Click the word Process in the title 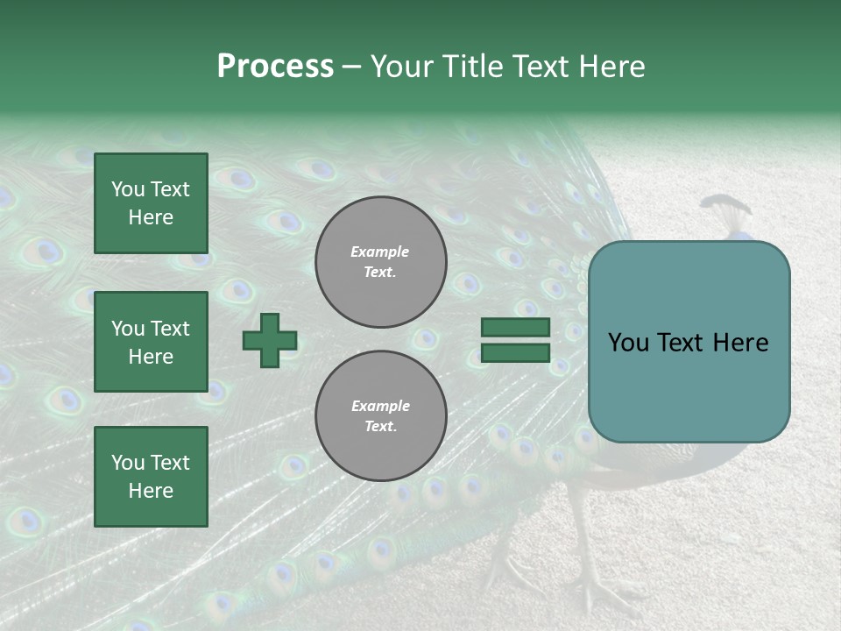(x=275, y=67)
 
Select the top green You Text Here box (x=151, y=203)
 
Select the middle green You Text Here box (x=151, y=342)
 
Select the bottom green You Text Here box (x=151, y=477)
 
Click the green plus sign (x=270, y=340)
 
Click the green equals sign (x=515, y=340)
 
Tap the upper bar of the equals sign (x=515, y=328)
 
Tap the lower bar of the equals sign (x=515, y=352)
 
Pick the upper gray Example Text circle (x=381, y=262)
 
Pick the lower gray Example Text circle (x=381, y=416)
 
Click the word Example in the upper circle (x=380, y=252)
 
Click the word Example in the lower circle (x=380, y=406)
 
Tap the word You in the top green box (x=127, y=189)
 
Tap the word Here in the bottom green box (x=151, y=491)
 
